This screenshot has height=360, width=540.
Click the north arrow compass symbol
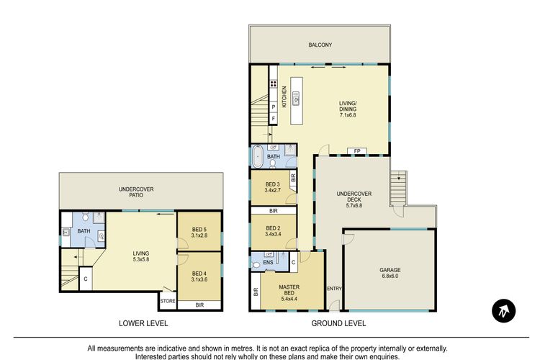pos(503,311)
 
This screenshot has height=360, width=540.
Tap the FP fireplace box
pos(357,151)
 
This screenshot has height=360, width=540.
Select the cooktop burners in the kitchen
pos(274,84)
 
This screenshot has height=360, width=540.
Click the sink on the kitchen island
pos(296,98)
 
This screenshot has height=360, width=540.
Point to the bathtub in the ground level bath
pos(257,156)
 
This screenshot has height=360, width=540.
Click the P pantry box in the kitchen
pos(274,107)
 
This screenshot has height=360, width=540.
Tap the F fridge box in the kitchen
pos(274,119)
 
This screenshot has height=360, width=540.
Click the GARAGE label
pos(390,270)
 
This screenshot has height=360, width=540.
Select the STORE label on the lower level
pos(168,301)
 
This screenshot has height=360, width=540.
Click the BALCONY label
pos(320,45)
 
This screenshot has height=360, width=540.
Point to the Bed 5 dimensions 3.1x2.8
pos(199,235)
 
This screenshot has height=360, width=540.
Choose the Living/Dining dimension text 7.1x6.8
pos(348,115)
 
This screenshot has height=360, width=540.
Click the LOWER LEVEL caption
pos(143,323)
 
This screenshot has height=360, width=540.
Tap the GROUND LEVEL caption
pos(338,323)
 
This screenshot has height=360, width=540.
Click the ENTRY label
pos(334,289)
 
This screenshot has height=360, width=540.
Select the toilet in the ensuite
pos(256,265)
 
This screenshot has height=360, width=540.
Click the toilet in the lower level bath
pos(86,216)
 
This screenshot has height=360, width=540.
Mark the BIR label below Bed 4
pos(199,305)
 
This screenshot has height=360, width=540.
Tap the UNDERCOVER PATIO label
pos(136,192)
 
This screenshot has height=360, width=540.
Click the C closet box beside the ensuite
pos(294,262)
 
